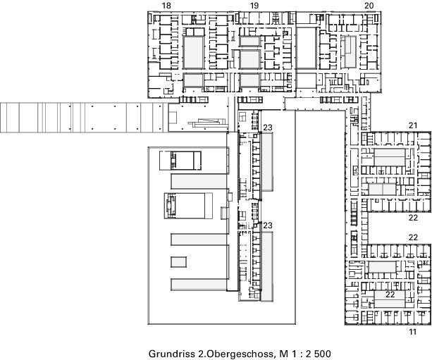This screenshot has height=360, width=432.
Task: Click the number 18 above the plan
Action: [166, 5]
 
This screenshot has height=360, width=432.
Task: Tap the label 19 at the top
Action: [254, 5]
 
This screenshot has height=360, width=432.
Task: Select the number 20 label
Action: [369, 5]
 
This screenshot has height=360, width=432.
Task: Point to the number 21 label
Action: [413, 125]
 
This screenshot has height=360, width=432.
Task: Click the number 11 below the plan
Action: [412, 332]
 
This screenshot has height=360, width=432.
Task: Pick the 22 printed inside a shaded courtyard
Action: [390, 294]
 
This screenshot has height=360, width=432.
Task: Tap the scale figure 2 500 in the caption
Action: [319, 354]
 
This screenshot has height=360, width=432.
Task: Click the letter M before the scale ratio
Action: [283, 354]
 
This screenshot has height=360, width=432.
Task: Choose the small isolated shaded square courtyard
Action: [178, 262]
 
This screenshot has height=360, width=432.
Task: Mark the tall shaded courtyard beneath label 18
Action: [193, 52]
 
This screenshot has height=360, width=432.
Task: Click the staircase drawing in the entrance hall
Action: [207, 123]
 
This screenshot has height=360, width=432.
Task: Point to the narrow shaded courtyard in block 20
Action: [350, 52]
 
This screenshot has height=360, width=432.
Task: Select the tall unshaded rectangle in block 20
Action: [306, 48]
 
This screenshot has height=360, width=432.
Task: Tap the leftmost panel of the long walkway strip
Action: [10, 118]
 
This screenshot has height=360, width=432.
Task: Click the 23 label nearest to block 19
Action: [268, 128]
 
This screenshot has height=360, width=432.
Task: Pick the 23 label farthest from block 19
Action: [268, 225]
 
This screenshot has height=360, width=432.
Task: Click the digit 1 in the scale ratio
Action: [292, 354]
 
